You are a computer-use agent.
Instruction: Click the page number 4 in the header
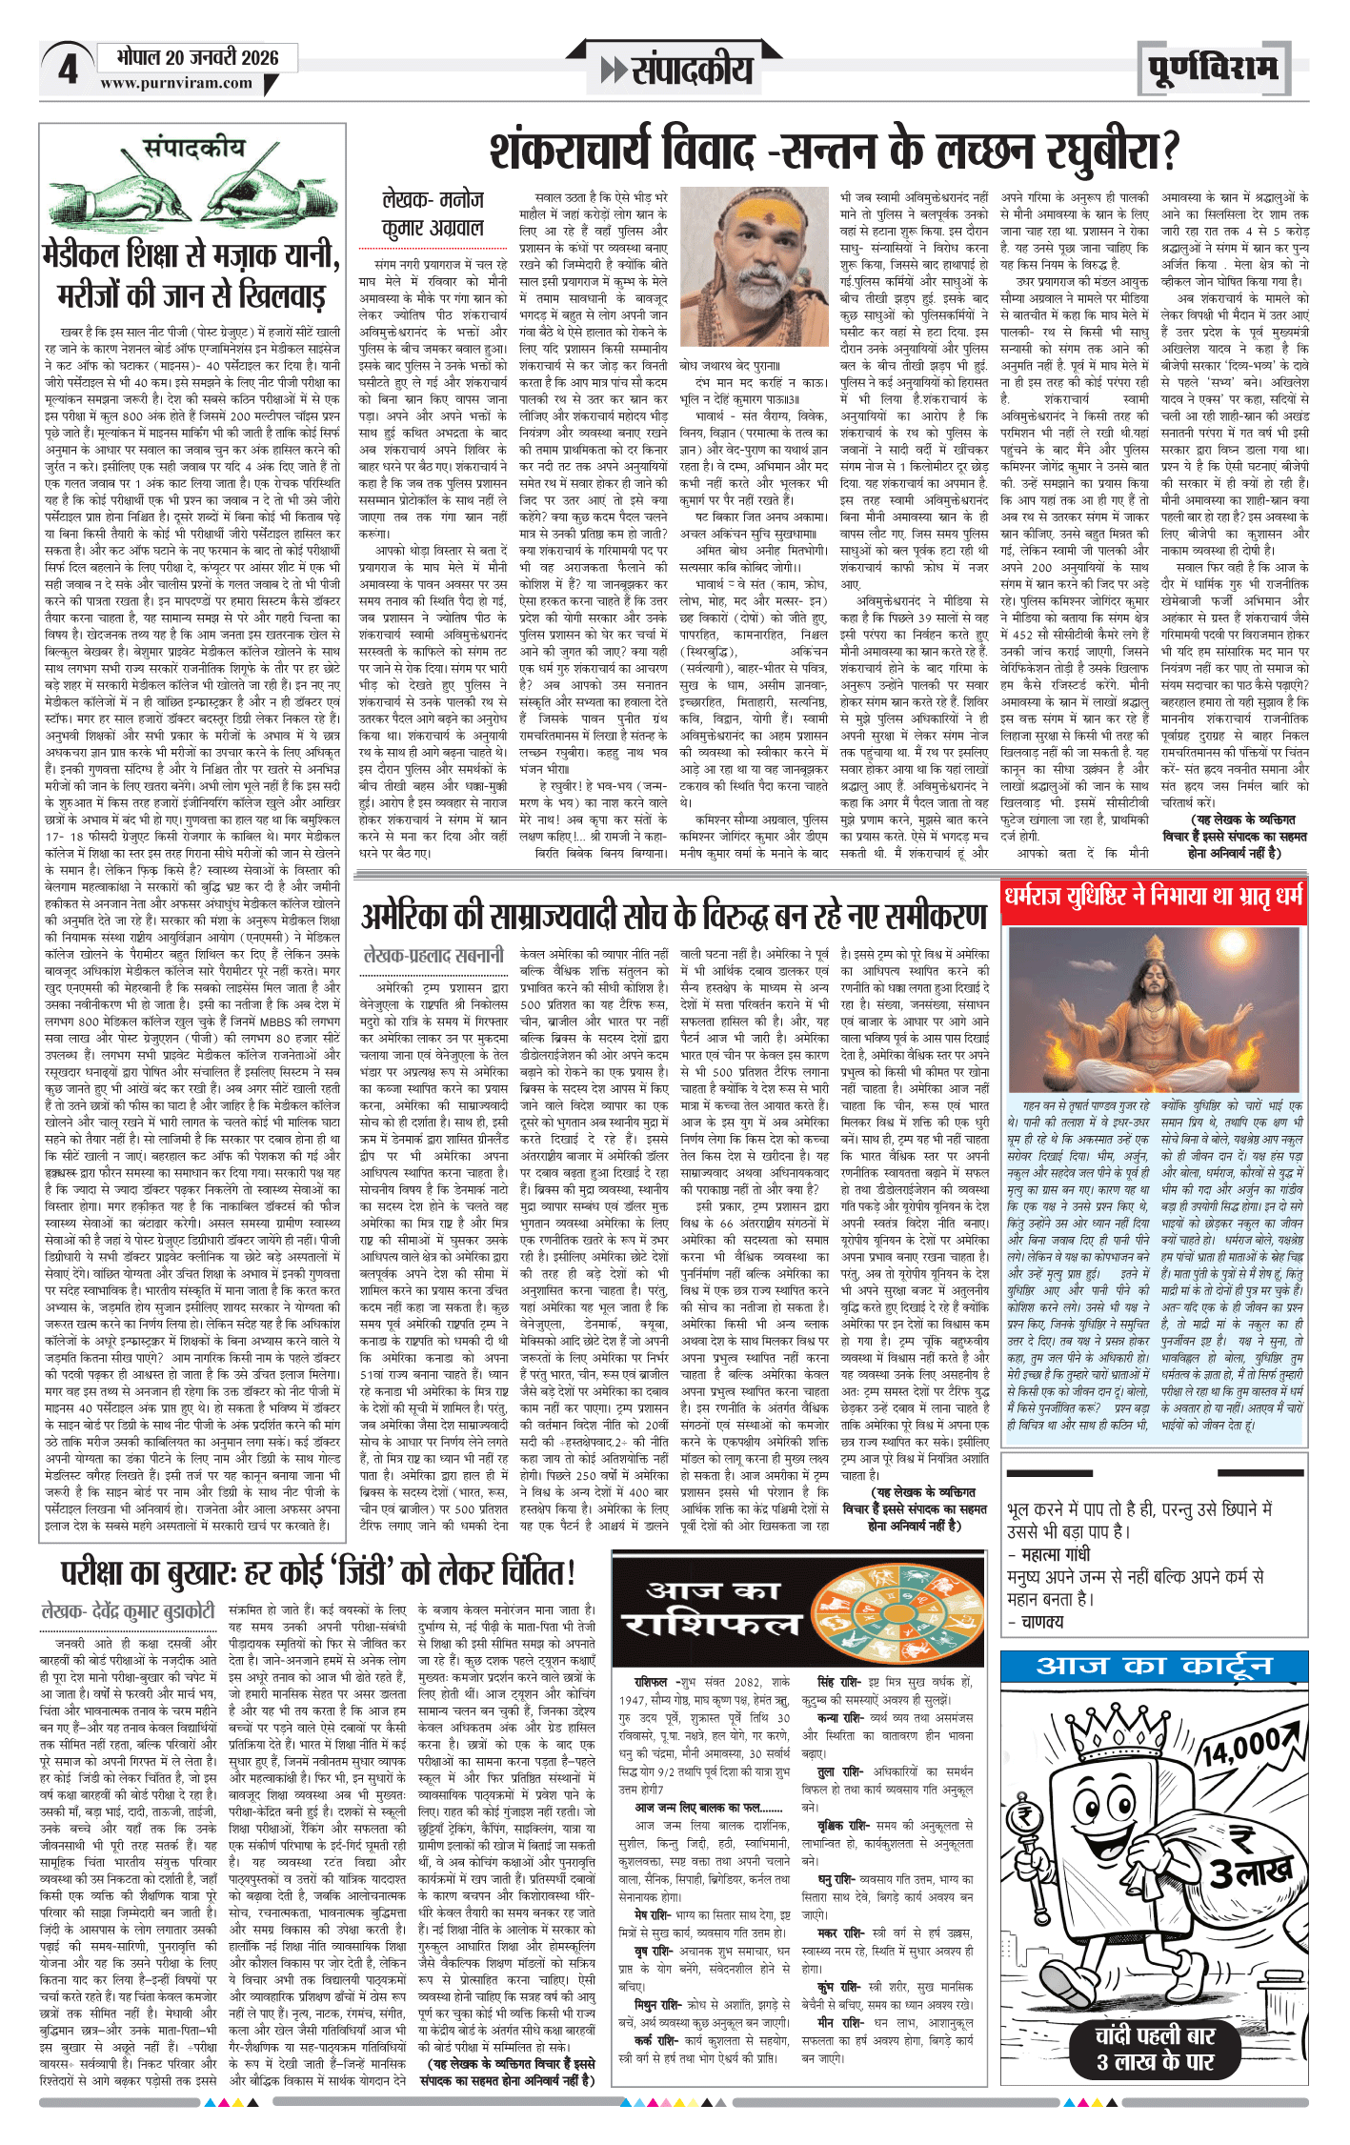click(x=67, y=70)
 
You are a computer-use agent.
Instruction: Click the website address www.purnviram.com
click(x=176, y=84)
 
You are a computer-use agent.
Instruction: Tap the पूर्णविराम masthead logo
click(x=1213, y=70)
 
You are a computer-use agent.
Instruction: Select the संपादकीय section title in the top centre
click(x=678, y=70)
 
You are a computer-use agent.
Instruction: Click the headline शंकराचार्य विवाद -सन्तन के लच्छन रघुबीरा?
click(x=835, y=152)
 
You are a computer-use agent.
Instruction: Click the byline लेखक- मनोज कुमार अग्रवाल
click(x=433, y=214)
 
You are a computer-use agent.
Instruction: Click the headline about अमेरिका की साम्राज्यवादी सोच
click(x=674, y=917)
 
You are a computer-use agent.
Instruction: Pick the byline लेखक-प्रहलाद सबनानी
click(x=434, y=955)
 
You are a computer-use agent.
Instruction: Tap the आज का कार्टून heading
click(x=1154, y=1666)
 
